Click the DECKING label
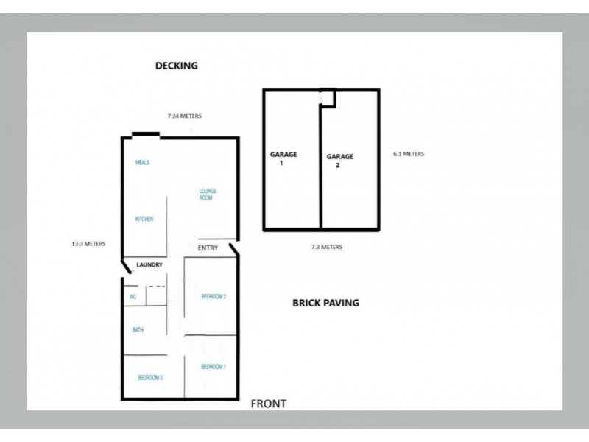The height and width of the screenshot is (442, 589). point(176,66)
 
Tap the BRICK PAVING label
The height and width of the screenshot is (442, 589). point(325,303)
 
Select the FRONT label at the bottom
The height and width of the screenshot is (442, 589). point(268,404)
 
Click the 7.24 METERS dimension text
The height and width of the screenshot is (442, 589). point(184,116)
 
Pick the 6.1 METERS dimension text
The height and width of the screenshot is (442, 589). point(409,154)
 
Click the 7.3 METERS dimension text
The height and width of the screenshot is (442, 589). point(326,247)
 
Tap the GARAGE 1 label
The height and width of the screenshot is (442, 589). point(283,158)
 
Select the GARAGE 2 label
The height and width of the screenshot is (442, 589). point(340,161)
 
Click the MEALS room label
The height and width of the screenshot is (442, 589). point(142,163)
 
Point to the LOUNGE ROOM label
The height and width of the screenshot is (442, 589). point(207,194)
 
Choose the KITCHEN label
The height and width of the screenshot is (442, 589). point(144,219)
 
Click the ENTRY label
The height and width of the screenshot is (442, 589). point(208,248)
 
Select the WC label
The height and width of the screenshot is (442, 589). point(133,297)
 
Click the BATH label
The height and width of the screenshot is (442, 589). point(138,330)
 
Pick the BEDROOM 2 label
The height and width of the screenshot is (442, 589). point(214,297)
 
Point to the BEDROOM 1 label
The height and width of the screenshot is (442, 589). point(214,366)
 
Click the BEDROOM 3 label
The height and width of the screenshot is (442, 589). point(149,377)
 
